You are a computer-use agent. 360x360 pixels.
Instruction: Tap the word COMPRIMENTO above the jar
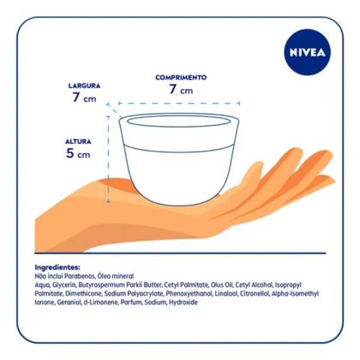[180, 77]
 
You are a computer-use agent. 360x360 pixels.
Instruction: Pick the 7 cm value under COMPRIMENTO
[180, 89]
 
